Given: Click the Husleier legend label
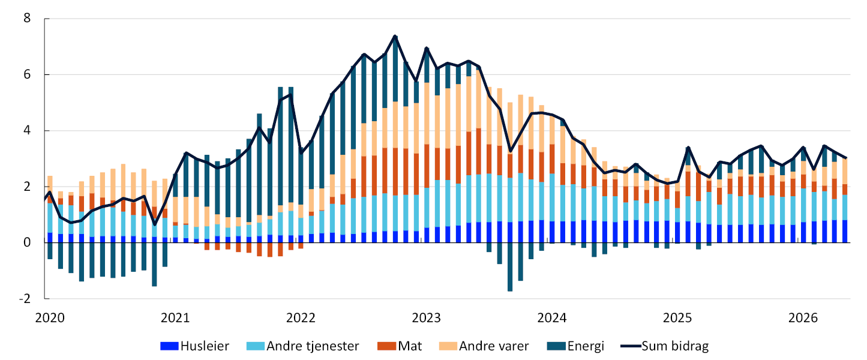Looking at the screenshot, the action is click(x=205, y=346).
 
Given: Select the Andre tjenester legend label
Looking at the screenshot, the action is click(x=313, y=346).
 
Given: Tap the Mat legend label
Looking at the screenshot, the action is click(x=410, y=346).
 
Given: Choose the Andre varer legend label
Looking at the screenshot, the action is click(x=494, y=346).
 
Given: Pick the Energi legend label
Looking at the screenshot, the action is click(x=586, y=346).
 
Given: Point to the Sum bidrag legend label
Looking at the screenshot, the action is click(x=675, y=346).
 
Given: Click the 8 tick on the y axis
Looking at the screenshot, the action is click(x=27, y=18).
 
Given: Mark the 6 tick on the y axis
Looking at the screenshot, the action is click(x=27, y=74).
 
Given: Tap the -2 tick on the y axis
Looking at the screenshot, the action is click(x=25, y=298).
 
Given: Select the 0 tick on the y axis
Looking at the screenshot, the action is click(x=27, y=242).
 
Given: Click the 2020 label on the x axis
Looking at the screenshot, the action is click(x=50, y=318).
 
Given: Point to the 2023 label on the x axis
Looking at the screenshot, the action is click(x=426, y=318).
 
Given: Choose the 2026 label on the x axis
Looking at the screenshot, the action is click(x=803, y=318).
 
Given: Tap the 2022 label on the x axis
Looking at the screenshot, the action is click(x=301, y=318).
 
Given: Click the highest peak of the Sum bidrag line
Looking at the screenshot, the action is click(x=395, y=36).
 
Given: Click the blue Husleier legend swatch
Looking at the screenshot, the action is click(x=169, y=346).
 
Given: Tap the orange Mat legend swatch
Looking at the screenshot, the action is click(x=386, y=346).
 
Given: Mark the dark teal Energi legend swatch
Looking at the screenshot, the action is click(x=556, y=346).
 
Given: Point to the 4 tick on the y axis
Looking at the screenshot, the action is click(x=27, y=130).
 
